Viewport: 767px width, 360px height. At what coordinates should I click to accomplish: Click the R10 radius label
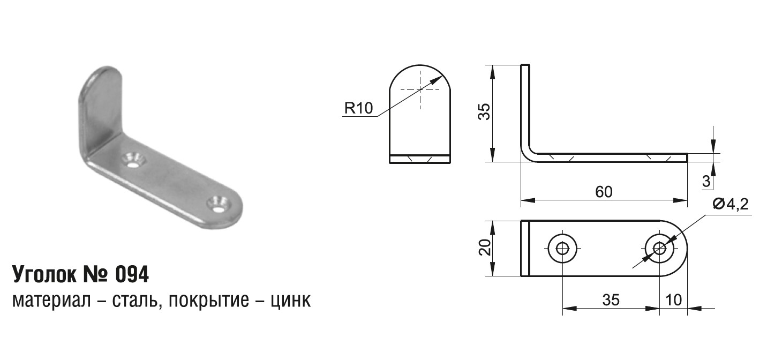click(358, 108)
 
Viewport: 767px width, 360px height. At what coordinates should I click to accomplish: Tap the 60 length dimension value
click(604, 192)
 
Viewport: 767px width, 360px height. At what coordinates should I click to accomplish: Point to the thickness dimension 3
click(706, 181)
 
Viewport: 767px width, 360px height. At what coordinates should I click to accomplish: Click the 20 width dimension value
click(485, 247)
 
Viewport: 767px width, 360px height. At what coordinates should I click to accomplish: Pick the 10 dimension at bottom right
click(673, 301)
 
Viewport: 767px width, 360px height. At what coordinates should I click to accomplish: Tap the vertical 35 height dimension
click(484, 111)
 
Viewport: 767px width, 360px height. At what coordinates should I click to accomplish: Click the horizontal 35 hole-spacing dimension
click(611, 301)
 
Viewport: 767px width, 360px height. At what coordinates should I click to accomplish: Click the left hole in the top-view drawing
click(562, 249)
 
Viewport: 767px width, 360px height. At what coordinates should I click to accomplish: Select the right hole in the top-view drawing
click(659, 249)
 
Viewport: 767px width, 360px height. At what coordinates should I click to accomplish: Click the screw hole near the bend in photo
click(133, 160)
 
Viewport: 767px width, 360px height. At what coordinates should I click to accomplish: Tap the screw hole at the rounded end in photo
click(218, 205)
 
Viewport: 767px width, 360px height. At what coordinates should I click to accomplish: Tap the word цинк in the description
click(291, 301)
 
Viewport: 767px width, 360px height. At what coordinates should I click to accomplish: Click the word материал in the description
click(51, 301)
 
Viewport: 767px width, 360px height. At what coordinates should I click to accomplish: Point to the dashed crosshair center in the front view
click(420, 90)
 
